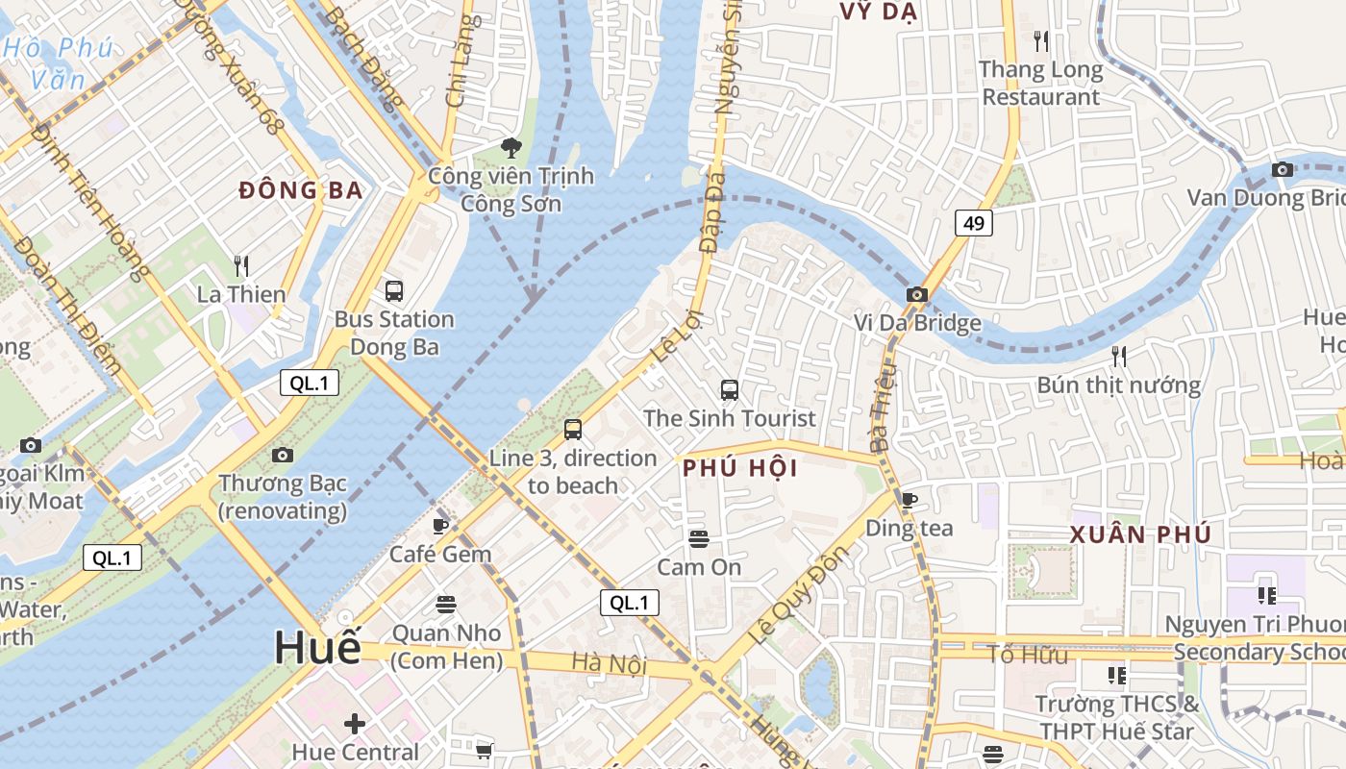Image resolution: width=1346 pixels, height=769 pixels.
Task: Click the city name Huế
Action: tap(317, 647)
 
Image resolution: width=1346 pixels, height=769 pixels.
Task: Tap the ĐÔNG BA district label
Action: tap(301, 190)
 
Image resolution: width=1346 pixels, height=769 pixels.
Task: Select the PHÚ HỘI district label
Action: tap(740, 468)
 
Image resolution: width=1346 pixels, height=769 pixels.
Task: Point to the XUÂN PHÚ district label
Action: tap(1140, 534)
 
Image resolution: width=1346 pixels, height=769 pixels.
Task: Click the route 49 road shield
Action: tap(974, 223)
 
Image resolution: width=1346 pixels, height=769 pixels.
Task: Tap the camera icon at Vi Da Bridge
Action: tap(916, 294)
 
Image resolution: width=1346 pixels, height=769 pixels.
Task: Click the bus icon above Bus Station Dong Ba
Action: tap(393, 290)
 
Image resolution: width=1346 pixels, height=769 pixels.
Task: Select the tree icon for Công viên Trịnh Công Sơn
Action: tap(511, 148)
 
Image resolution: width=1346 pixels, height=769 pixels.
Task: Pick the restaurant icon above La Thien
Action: tap(241, 265)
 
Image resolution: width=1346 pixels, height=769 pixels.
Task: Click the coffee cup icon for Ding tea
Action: tap(909, 499)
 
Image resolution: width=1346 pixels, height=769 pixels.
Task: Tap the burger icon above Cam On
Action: tap(699, 538)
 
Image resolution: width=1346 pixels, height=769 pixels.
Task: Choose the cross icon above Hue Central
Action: tap(355, 723)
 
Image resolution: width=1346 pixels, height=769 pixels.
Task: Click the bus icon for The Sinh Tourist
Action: tap(730, 389)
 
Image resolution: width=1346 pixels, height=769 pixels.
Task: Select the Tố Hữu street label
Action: tap(1027, 656)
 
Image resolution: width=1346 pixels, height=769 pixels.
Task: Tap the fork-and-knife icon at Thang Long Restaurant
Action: tap(1040, 41)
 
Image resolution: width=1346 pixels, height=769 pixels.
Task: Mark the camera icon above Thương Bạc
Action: tap(282, 455)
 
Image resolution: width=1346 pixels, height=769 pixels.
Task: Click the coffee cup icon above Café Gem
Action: tap(440, 525)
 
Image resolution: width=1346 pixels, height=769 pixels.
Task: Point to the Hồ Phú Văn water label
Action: tap(58, 62)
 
